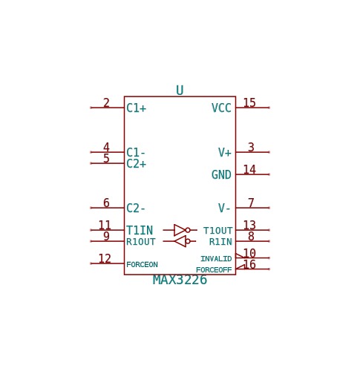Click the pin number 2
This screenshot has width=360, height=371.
pos(106,102)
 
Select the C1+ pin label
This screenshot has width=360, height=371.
pos(136,108)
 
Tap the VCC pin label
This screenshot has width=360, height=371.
pos(221,108)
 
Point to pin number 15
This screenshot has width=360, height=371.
pos(249,102)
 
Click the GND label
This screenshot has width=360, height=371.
pos(221,174)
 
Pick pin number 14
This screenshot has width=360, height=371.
pos(249,170)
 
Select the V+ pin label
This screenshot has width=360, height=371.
pos(225,152)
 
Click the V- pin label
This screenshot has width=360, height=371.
pos(224,208)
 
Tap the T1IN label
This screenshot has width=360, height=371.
pos(140,230)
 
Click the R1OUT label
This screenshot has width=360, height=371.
pos(141,242)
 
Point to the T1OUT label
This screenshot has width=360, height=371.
pos(217,231)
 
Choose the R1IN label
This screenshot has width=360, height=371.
pos(220,242)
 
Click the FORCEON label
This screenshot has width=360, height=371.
pos(142,265)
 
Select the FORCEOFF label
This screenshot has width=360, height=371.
pos(214,270)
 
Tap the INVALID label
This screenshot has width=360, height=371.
pos(216,259)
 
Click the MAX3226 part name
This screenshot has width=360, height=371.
pos(180,280)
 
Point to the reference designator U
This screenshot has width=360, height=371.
pos(180,91)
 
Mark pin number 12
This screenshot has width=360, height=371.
pos(105,259)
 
